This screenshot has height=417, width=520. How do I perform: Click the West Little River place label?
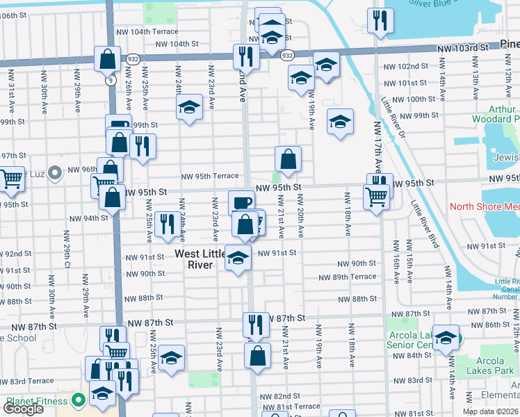[199, 259]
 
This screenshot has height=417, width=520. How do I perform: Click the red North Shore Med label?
[485, 206]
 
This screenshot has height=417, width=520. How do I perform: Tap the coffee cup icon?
[241, 202]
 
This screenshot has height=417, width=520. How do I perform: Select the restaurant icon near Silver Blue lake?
[380, 21]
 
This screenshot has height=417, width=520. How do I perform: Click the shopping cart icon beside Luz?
[12, 179]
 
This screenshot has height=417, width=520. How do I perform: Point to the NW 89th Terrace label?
[347, 277]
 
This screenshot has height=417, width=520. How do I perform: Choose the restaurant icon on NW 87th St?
[256, 324]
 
